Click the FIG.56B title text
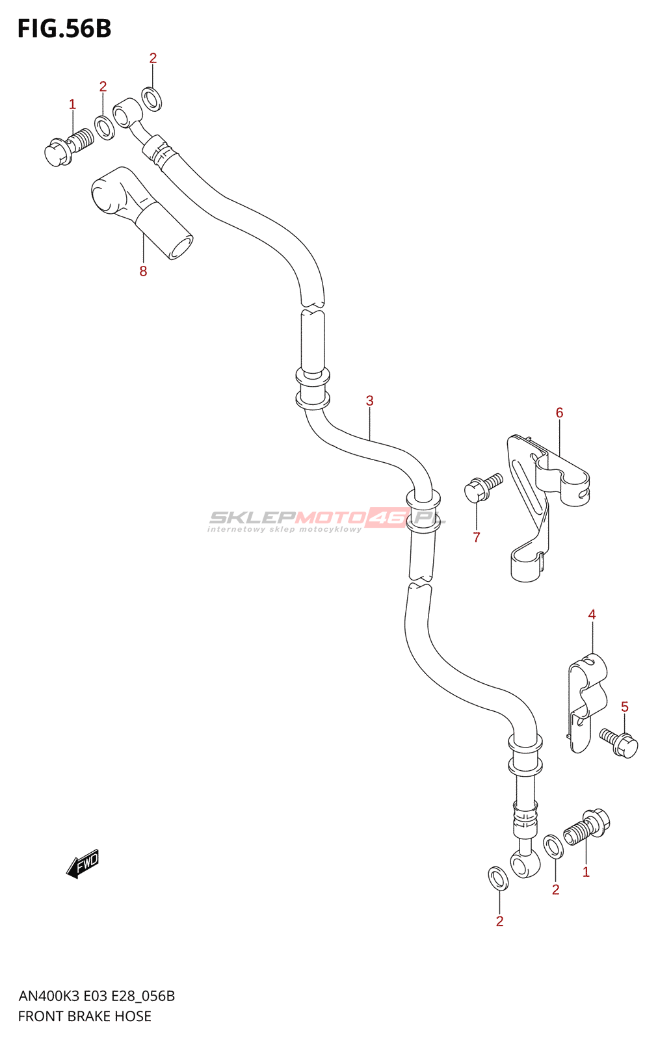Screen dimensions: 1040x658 64,29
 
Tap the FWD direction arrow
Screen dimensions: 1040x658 83,864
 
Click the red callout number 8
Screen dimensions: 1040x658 143,271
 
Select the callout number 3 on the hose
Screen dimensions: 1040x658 369,400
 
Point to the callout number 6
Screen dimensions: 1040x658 559,413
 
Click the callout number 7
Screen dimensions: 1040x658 477,537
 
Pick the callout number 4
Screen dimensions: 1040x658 592,614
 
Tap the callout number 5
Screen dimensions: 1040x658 624,707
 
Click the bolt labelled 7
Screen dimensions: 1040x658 482,487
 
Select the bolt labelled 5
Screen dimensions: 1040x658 620,742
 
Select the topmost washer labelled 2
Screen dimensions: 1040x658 152,99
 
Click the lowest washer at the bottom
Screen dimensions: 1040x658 499,878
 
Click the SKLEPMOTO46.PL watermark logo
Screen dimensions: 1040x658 326,519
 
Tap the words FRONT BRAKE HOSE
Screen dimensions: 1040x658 85,1016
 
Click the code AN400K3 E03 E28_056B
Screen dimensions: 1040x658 96,996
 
